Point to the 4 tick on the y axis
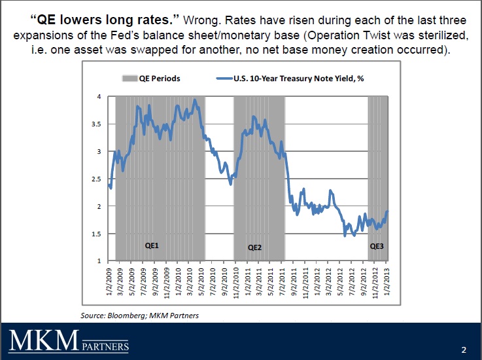[99, 96]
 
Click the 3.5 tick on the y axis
[97, 124]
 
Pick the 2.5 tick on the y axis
[97, 179]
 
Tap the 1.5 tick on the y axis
[97, 234]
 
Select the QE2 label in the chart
[255, 247]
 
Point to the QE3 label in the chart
[377, 247]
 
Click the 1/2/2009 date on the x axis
[109, 281]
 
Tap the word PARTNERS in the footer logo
[105, 346]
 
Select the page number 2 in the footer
[463, 349]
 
